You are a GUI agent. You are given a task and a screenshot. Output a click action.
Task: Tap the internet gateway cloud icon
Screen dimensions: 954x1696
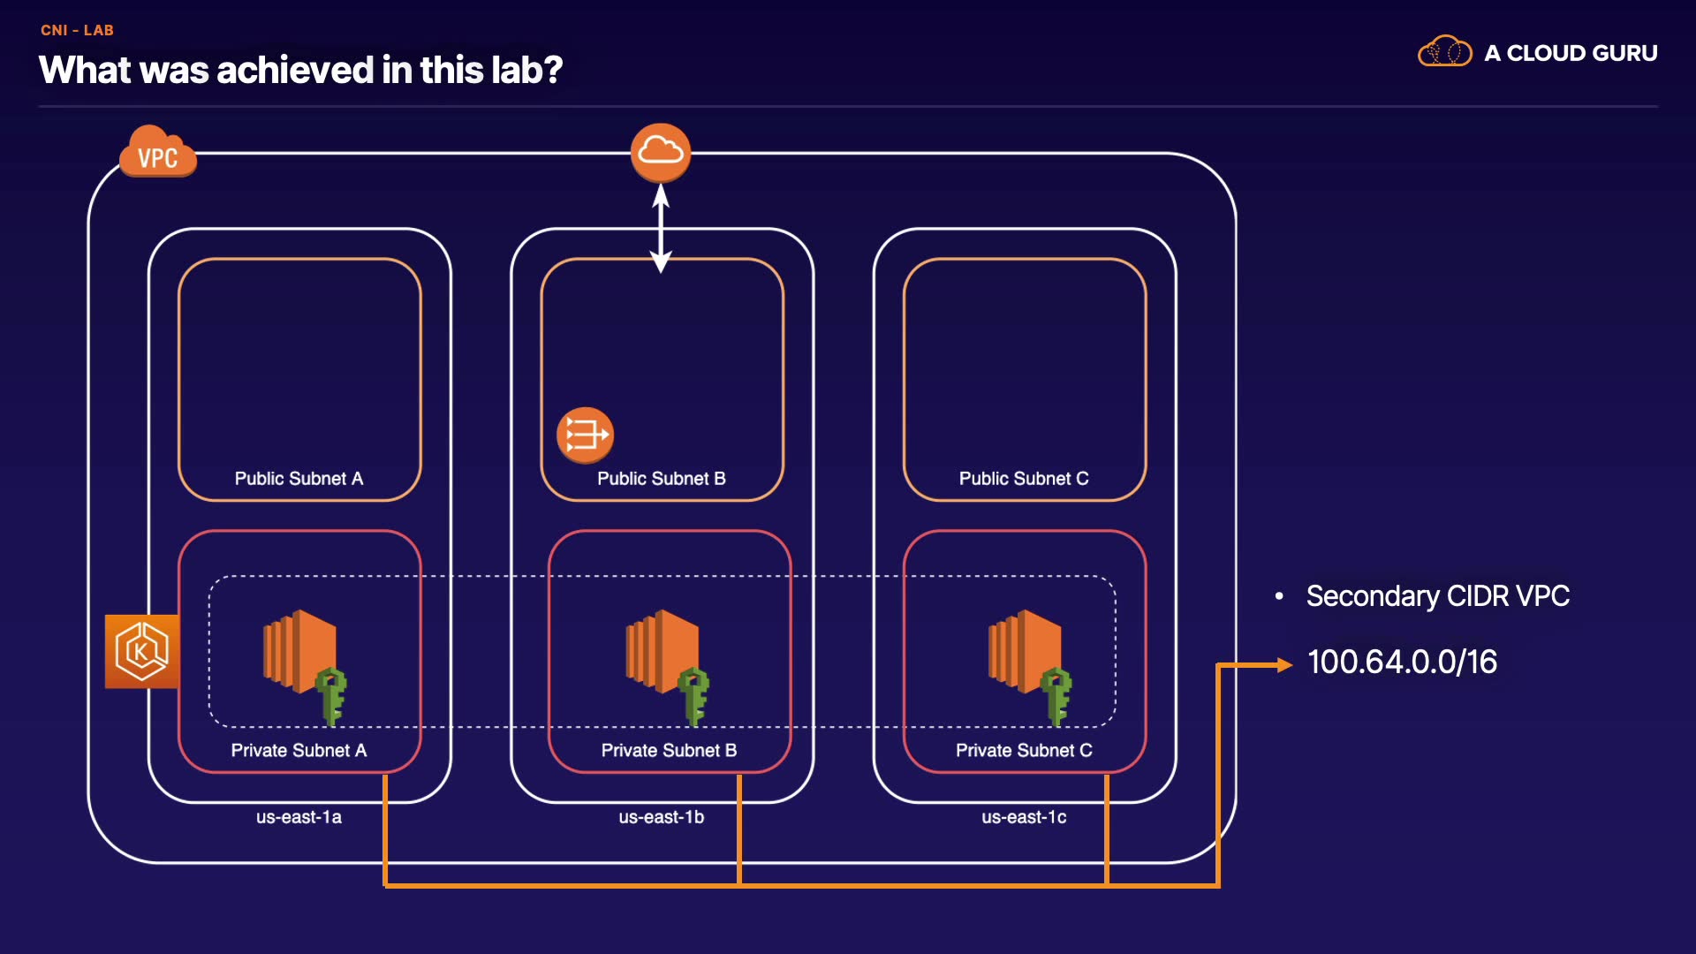point(661,152)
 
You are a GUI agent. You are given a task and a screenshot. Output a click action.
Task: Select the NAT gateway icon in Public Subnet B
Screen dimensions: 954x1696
point(585,435)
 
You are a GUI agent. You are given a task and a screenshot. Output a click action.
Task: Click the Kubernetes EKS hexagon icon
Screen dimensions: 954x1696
point(141,651)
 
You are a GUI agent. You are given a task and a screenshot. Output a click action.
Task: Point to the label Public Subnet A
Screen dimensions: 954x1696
point(299,479)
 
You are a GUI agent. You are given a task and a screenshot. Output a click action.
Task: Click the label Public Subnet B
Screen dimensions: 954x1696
point(661,479)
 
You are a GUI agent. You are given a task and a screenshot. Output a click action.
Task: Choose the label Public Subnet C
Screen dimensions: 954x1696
point(1024,479)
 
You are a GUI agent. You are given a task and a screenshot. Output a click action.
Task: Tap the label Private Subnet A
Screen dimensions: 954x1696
point(299,751)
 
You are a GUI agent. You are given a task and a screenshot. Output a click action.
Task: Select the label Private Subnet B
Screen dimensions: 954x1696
point(669,751)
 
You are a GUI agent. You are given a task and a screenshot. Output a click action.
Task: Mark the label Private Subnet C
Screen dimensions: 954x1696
point(1024,751)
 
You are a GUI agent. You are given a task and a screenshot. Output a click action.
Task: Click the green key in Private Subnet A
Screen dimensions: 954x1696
point(331,696)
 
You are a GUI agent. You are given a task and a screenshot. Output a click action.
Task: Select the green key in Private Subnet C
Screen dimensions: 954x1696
point(1056,696)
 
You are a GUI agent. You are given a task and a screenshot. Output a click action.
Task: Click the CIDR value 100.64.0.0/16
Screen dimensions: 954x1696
point(1402,662)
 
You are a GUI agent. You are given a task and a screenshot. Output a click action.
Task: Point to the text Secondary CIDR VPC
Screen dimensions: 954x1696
point(1437,596)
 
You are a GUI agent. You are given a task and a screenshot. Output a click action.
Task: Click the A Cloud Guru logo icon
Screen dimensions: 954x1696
point(1444,52)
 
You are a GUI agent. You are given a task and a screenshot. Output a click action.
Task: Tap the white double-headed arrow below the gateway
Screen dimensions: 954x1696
point(661,228)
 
